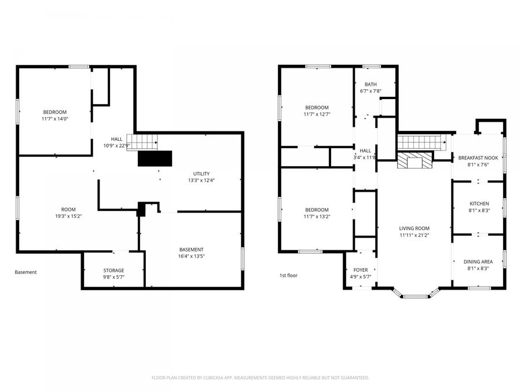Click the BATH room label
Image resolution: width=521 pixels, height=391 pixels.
pyautogui.click(x=370, y=85)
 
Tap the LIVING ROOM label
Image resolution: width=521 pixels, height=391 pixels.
pyautogui.click(x=414, y=228)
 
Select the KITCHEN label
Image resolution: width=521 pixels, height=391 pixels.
pyautogui.click(x=479, y=203)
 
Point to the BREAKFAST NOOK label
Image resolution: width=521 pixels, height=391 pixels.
pyautogui.click(x=478, y=158)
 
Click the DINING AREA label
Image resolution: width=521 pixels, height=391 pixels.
pyautogui.click(x=478, y=262)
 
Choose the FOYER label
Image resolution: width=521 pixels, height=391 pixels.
pyautogui.click(x=361, y=270)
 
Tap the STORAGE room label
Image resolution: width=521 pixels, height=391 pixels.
pyautogui.click(x=113, y=271)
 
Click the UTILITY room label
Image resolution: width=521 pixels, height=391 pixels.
pyautogui.click(x=201, y=173)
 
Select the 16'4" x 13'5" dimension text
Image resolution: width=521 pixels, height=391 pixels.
pyautogui.click(x=191, y=256)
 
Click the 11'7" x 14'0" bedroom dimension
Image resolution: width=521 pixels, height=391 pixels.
pyautogui.click(x=55, y=119)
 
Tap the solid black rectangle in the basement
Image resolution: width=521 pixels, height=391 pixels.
pyautogui.click(x=155, y=158)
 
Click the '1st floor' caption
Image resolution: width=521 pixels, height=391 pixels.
pyautogui.click(x=288, y=275)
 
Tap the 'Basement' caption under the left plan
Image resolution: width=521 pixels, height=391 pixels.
pyautogui.click(x=25, y=272)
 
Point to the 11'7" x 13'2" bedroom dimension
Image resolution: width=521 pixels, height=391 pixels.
pyautogui.click(x=317, y=217)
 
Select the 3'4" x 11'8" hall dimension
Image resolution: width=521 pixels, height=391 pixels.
pyautogui.click(x=365, y=157)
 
